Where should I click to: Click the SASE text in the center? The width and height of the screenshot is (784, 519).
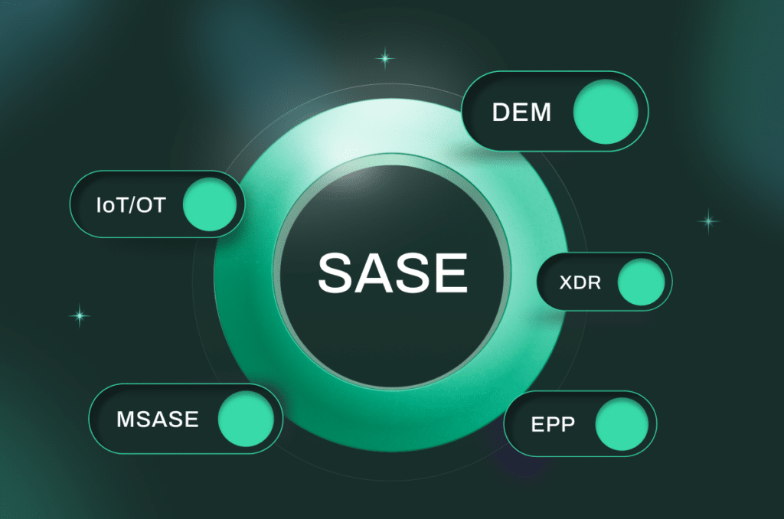point(393,273)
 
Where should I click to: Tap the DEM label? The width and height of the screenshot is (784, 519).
point(521,112)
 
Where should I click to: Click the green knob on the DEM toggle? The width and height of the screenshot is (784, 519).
point(606,112)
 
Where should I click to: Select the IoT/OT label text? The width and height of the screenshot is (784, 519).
point(131,205)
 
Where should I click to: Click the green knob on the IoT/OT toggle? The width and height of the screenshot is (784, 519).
point(210,204)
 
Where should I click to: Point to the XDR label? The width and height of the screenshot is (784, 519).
point(580,282)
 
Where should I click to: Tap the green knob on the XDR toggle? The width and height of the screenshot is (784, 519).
point(641,282)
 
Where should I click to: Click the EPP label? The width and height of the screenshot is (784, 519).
point(553,424)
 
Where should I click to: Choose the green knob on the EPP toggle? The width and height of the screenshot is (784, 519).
point(622,423)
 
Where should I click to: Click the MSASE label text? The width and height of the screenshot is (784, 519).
point(158,419)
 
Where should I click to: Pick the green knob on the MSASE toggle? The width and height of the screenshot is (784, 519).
point(246,419)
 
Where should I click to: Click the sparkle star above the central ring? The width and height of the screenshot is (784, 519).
point(385,58)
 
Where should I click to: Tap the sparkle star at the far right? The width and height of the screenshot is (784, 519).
point(708,220)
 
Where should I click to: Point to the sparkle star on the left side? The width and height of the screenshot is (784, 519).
point(80,316)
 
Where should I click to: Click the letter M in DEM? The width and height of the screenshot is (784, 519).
point(541,112)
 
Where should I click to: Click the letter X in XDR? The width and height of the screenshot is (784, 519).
point(566,282)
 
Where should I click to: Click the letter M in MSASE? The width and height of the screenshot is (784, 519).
point(126,419)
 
